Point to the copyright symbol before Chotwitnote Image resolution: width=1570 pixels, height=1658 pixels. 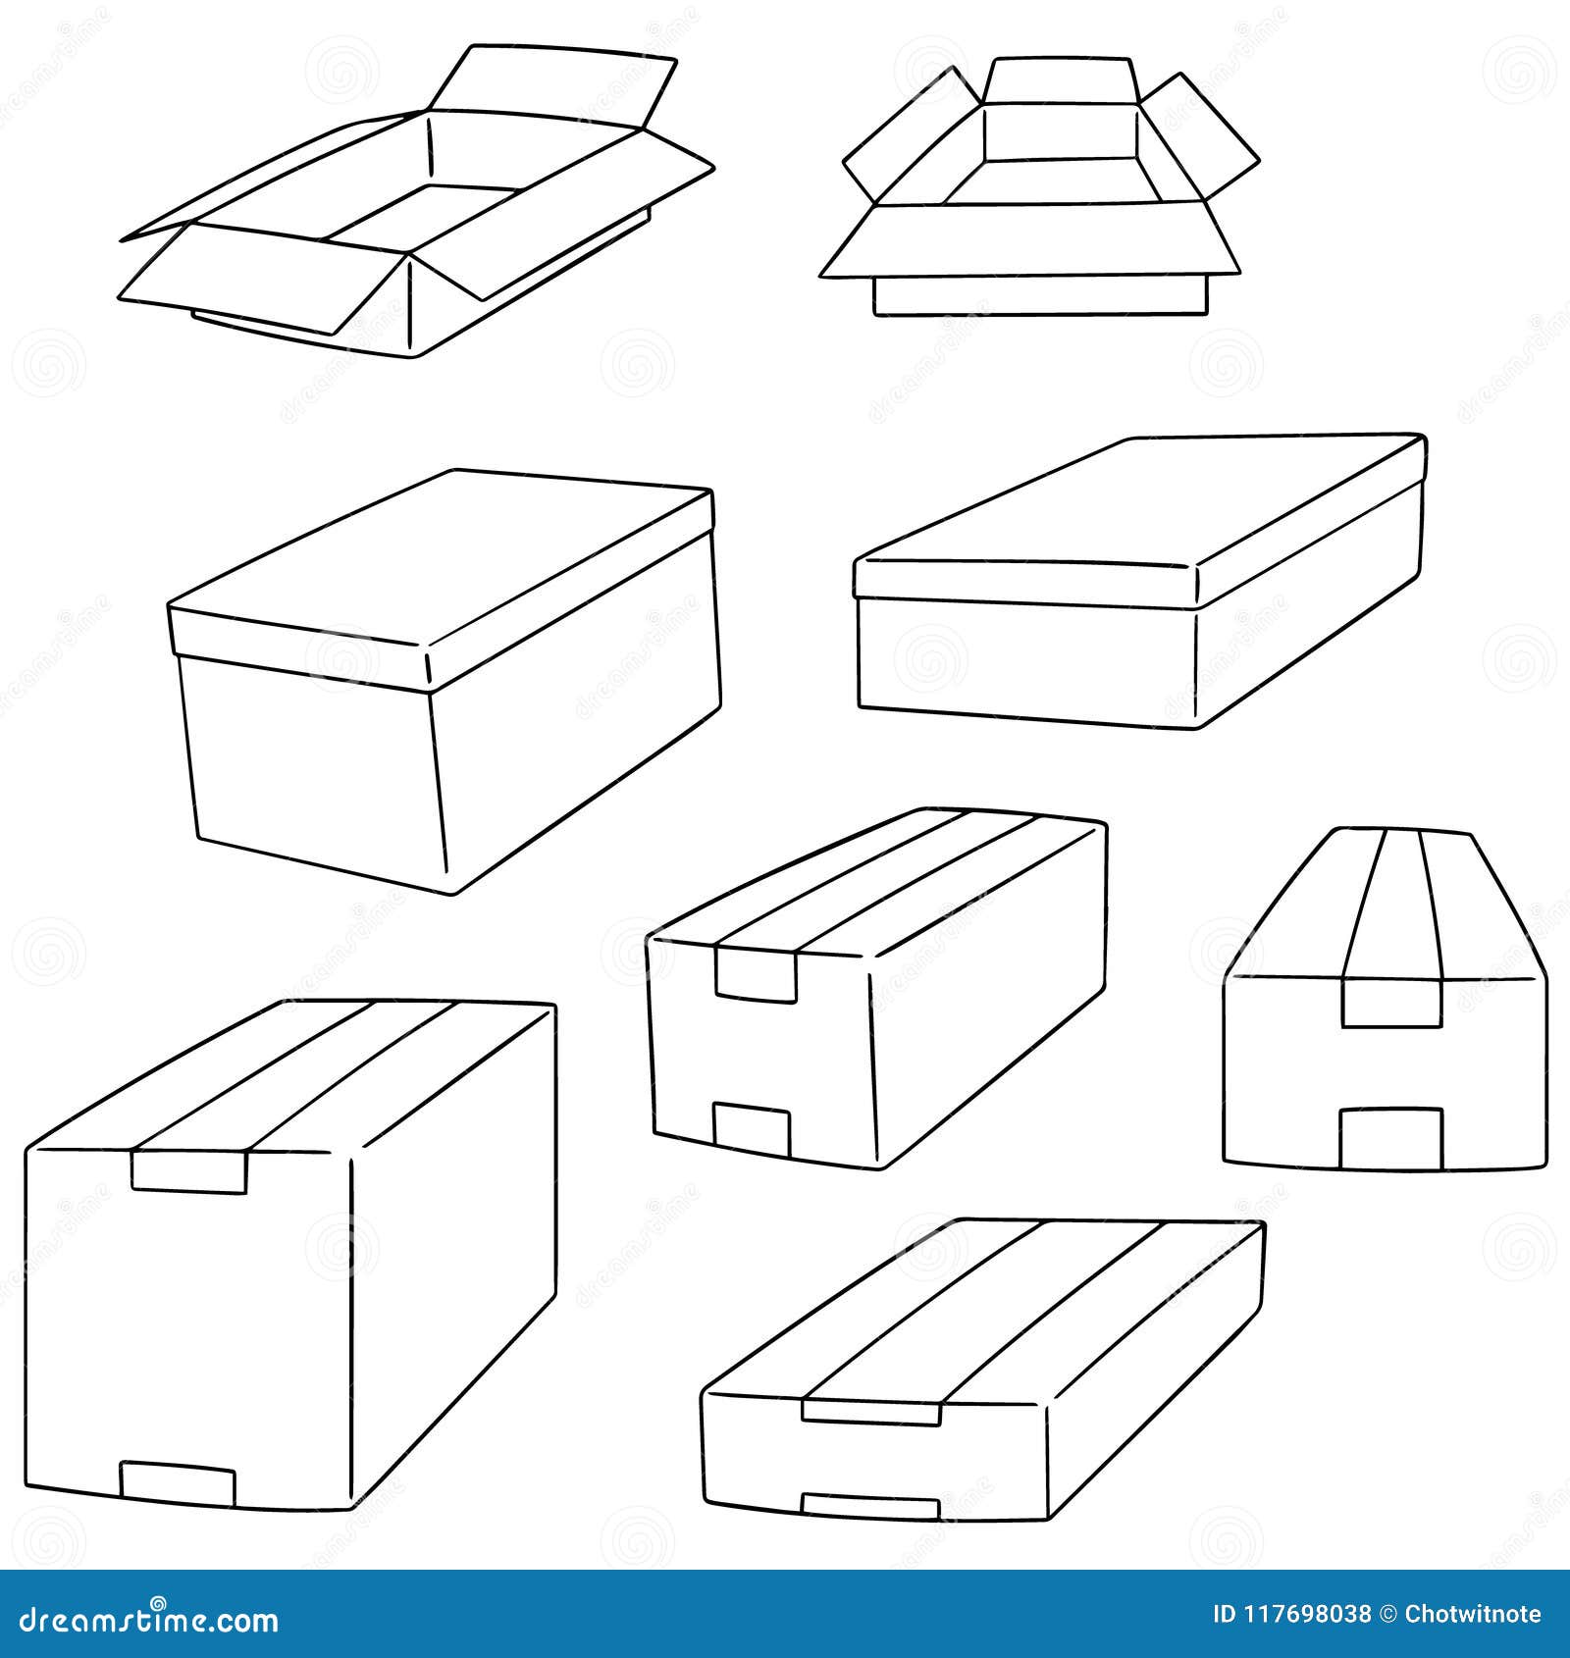point(1388,1614)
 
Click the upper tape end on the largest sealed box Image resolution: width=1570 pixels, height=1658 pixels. point(189,1171)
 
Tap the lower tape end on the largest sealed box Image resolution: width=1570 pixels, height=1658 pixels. point(178,1482)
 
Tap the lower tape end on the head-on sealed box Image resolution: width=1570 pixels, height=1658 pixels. point(1390,1137)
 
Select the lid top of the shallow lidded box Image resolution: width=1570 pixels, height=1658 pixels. point(1138,500)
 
